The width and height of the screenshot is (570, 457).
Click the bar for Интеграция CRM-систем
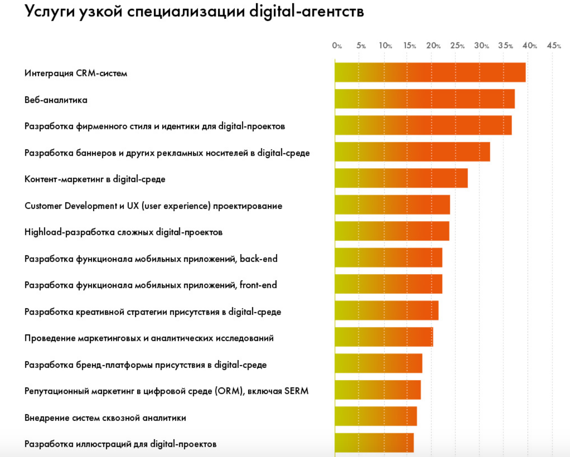click(430, 72)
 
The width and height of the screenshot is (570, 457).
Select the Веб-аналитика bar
click(424, 99)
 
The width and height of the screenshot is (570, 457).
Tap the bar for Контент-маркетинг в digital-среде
click(401, 178)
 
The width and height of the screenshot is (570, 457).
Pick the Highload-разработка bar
click(392, 231)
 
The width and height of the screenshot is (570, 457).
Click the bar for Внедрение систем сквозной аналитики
click(376, 416)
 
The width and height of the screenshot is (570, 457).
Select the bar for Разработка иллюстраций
click(374, 443)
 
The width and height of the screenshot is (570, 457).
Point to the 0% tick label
click(337, 46)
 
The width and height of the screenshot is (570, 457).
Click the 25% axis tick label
click(457, 46)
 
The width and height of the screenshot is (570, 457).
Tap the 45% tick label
click(554, 46)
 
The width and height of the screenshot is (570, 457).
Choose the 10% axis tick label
click(385, 46)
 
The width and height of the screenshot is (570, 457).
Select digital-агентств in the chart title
click(307, 12)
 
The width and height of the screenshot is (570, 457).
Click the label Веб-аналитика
click(56, 100)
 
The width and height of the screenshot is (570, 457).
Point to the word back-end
click(259, 259)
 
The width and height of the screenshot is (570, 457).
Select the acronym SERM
click(296, 391)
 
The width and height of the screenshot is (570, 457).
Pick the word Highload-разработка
click(69, 232)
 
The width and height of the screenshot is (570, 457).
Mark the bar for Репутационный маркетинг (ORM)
click(378, 390)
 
